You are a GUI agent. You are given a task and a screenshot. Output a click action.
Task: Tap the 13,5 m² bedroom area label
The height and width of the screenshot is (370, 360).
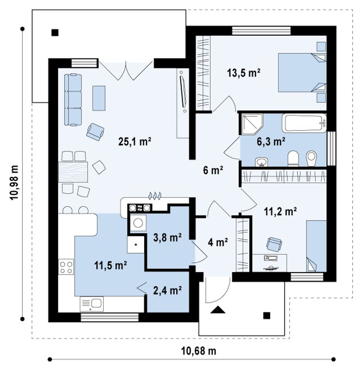pyautogui.click(x=243, y=73)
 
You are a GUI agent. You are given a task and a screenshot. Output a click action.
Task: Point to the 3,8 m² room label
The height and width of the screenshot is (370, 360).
pyautogui.click(x=167, y=237)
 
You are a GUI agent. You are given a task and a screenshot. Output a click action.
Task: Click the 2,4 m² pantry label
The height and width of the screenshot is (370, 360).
pyautogui.click(x=167, y=290)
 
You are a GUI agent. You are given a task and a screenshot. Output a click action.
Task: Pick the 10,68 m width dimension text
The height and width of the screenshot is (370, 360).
pyautogui.click(x=198, y=351)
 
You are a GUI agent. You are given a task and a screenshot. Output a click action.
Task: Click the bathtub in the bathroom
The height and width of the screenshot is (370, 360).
pyautogui.click(x=304, y=123)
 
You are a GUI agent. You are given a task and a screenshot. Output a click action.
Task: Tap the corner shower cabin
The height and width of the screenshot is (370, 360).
pyautogui.click(x=252, y=124)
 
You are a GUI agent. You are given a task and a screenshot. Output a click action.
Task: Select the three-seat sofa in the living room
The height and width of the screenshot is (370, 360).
pyautogui.click(x=73, y=99)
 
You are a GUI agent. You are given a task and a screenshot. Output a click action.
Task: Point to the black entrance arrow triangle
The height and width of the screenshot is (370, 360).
pyautogui.click(x=217, y=309)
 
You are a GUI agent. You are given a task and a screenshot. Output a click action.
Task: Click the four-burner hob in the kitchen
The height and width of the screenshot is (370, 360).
pyautogui.click(x=66, y=267)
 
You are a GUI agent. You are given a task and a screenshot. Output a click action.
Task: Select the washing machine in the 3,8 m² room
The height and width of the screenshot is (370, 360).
pyautogui.click(x=138, y=223)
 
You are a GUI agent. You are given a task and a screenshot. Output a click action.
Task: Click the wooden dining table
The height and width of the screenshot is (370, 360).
pyautogui.click(x=73, y=172)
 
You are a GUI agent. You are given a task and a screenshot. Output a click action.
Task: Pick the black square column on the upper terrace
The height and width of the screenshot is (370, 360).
pyautogui.click(x=55, y=32)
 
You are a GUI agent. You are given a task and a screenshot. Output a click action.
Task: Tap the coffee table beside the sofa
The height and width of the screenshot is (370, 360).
pyautogui.click(x=99, y=98)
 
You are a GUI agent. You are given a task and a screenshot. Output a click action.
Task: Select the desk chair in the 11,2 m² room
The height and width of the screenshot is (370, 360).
pyautogui.click(x=274, y=244)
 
